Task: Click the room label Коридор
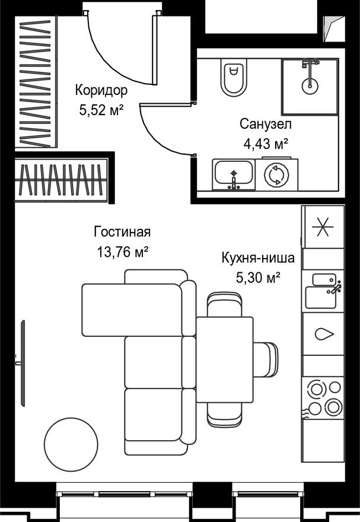coord(101,91)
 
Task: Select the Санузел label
coord(265,125)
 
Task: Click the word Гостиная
coord(122,232)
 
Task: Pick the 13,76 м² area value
coord(122,252)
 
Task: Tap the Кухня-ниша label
coord(258,259)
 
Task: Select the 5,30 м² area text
coord(258,276)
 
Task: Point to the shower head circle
coord(309,85)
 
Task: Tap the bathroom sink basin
coord(233,174)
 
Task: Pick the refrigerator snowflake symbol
coord(323,228)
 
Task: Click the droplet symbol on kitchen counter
coord(323,334)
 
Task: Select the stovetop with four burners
coord(323,397)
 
